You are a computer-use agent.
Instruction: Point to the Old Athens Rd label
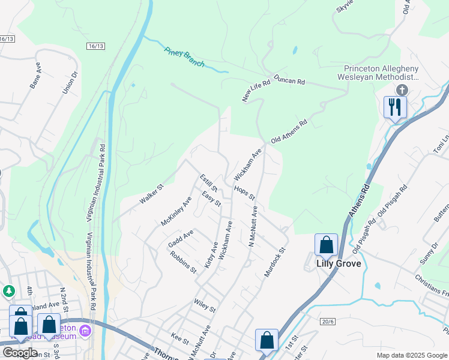(x=289, y=131)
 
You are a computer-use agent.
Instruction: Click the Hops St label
(x=245, y=193)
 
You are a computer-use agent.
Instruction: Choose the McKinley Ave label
(x=175, y=212)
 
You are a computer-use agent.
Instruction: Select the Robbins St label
(x=183, y=262)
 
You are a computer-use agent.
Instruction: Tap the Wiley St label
(x=204, y=307)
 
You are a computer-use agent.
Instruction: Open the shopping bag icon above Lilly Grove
(x=326, y=244)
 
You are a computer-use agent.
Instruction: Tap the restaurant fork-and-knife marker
(x=395, y=107)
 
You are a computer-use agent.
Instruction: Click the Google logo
(x=20, y=352)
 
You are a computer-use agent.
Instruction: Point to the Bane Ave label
(x=35, y=79)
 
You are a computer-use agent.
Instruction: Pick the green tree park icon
(x=8, y=291)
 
